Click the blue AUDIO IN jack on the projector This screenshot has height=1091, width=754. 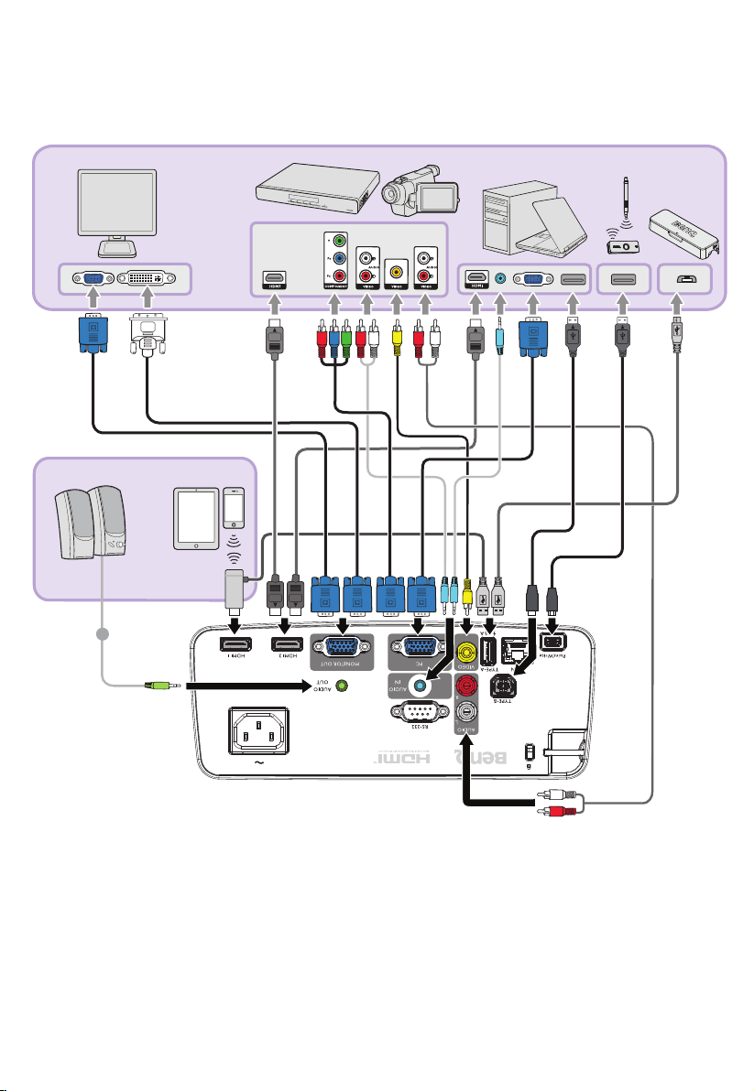[421, 685]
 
